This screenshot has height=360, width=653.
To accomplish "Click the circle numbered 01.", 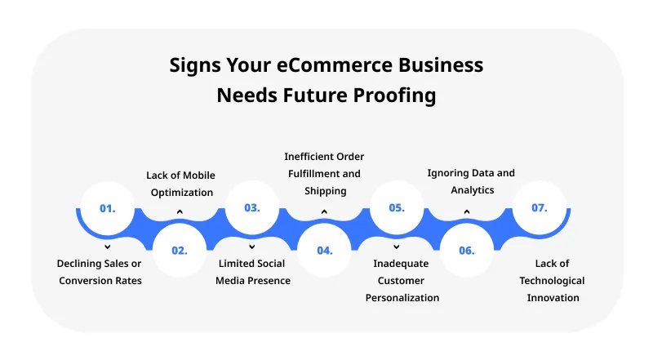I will pyautogui.click(x=108, y=208).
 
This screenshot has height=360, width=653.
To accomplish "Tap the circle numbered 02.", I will pyautogui.click(x=180, y=251).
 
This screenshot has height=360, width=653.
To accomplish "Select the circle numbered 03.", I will pyautogui.click(x=251, y=207).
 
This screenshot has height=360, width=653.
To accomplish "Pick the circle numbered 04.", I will pyautogui.click(x=324, y=251).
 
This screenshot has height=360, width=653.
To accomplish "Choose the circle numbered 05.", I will pyautogui.click(x=396, y=208).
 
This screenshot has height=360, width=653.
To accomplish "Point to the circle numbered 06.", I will pyautogui.click(x=467, y=251).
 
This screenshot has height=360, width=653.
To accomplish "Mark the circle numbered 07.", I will pyautogui.click(x=539, y=208).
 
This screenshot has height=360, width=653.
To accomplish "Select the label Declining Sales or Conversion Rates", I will pyautogui.click(x=100, y=272).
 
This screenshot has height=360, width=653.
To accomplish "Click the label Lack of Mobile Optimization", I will pyautogui.click(x=180, y=184).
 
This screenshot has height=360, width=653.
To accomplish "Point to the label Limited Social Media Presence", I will pyautogui.click(x=253, y=272).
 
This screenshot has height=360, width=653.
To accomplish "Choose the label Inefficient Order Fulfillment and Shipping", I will pyautogui.click(x=324, y=173).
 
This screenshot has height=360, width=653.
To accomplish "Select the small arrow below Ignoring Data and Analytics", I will pyautogui.click(x=467, y=213).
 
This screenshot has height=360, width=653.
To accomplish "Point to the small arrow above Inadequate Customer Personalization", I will pyautogui.click(x=396, y=245).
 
